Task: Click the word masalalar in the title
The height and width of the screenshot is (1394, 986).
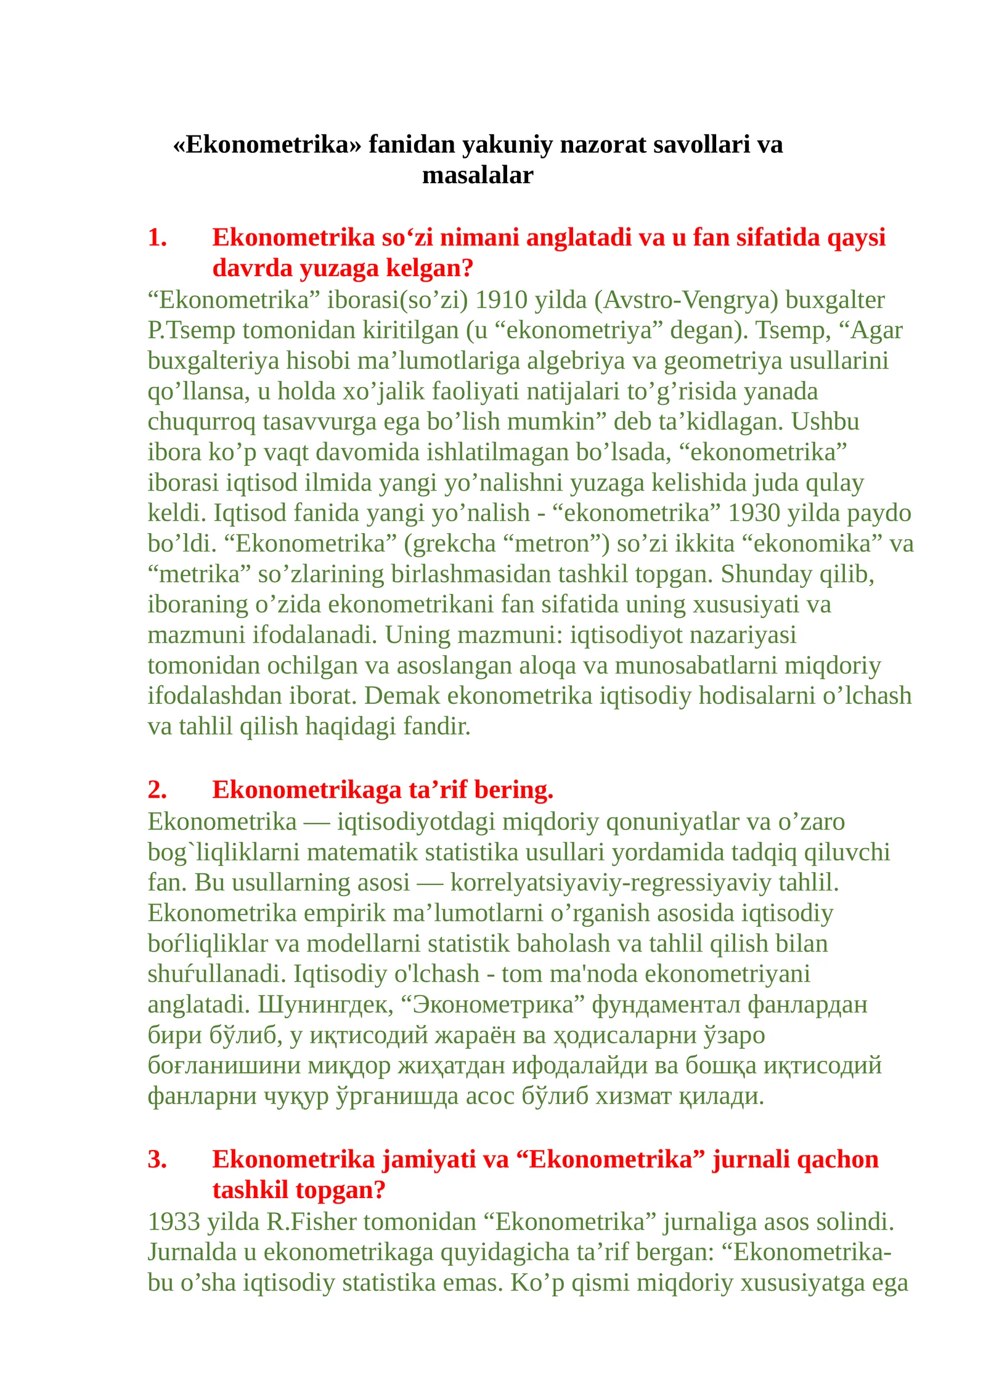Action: click(478, 176)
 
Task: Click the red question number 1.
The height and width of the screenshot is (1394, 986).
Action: click(157, 238)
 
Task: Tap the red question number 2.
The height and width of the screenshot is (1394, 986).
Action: click(157, 790)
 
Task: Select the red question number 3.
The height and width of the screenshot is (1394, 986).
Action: click(157, 1160)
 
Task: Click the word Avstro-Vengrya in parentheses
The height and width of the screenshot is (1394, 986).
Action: click(686, 300)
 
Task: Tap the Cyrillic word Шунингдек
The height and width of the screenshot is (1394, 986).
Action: click(325, 1005)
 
